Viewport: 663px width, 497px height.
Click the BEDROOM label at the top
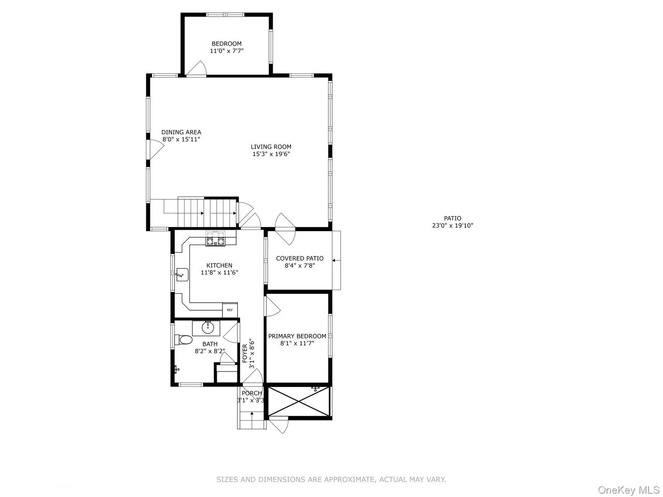[226, 43]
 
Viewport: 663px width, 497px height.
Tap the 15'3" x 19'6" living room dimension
[271, 154]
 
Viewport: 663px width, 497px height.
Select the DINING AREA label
[181, 132]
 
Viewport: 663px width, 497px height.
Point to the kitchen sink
[181, 274]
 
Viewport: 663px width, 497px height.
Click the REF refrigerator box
[230, 310]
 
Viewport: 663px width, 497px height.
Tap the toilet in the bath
[184, 340]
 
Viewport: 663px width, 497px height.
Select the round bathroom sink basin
[208, 328]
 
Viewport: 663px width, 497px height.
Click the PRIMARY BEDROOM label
[297, 336]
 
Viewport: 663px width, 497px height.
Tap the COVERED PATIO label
[300, 258]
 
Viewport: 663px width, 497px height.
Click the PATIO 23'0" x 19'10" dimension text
[452, 226]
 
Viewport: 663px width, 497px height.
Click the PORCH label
[252, 393]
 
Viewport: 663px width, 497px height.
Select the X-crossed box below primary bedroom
[299, 400]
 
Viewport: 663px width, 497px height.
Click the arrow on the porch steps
[252, 414]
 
